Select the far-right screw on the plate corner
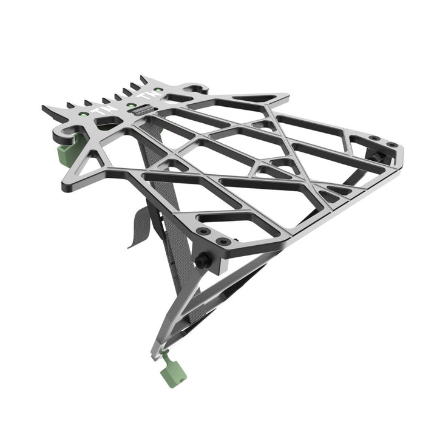click(391, 144)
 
